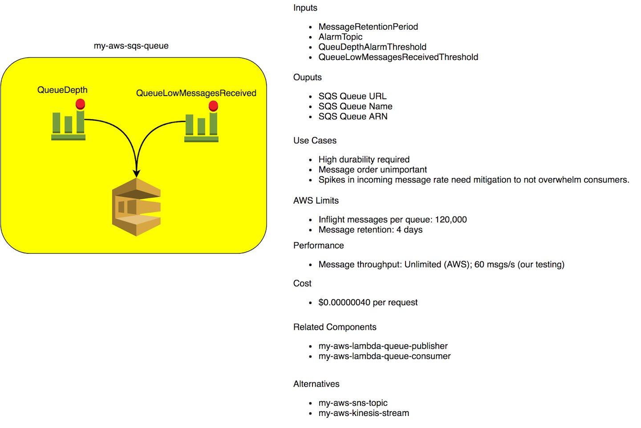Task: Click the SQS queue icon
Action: (x=136, y=207)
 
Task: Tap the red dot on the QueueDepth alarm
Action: (x=80, y=104)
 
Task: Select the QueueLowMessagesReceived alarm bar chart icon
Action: (x=201, y=128)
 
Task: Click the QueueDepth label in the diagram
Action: (x=62, y=90)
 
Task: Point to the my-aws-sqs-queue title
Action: (x=131, y=46)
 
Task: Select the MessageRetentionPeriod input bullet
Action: (x=368, y=27)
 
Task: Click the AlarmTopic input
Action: (x=340, y=37)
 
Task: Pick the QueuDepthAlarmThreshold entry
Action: (x=372, y=47)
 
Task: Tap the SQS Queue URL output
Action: (x=352, y=96)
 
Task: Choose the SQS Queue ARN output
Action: (x=353, y=116)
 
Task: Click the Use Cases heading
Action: (x=315, y=140)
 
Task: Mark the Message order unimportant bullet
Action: (x=372, y=170)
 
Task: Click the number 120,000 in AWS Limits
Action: (x=450, y=220)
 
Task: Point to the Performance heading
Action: (x=318, y=246)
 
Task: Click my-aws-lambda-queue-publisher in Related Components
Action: (x=383, y=346)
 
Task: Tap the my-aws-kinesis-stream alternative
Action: (x=363, y=413)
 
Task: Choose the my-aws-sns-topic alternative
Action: (x=353, y=403)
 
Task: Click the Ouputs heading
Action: (x=307, y=77)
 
